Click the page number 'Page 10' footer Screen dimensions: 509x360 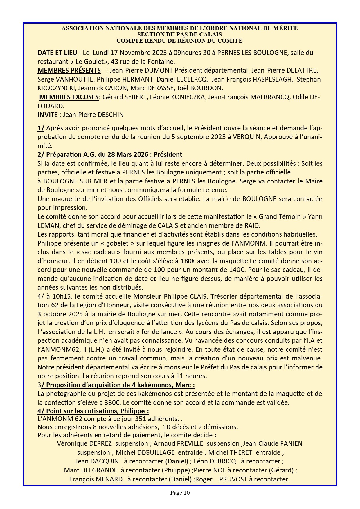180,493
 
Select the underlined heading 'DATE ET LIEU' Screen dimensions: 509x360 57,53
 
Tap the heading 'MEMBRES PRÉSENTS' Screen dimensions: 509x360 69,71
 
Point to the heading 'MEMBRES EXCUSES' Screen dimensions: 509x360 69,97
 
